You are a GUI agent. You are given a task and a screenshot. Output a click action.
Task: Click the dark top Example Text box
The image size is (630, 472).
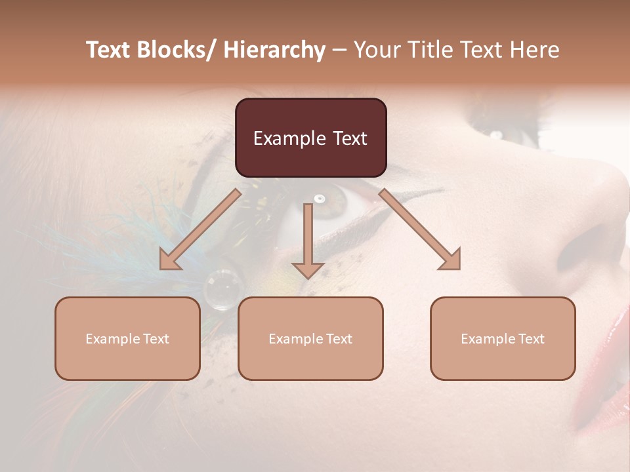[x=310, y=138]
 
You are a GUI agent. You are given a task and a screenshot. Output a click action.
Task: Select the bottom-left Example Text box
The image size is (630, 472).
[x=127, y=338]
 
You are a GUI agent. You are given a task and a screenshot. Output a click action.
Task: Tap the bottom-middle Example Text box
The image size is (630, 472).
[x=310, y=338]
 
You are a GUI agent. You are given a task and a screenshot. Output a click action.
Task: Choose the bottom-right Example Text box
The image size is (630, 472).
[x=503, y=338]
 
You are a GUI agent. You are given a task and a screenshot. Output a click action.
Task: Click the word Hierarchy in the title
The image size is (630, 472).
[x=275, y=50]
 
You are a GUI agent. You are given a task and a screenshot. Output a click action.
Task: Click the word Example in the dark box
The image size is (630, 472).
[x=289, y=138]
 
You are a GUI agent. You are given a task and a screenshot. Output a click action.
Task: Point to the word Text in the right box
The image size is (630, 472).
[x=530, y=339]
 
